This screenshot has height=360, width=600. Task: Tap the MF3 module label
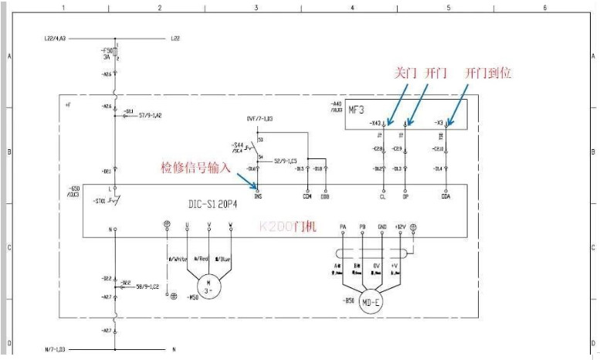coord(357,108)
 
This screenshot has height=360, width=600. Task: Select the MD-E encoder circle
coord(371,301)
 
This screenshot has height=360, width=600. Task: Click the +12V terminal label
coord(399,226)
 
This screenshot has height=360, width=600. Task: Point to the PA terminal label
coord(343,226)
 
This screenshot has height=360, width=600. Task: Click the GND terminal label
coord(381,226)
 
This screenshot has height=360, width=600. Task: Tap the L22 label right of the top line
coord(175,38)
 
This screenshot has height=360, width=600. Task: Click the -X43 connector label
coord(375,123)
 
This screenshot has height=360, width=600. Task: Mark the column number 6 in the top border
coord(544,7)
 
